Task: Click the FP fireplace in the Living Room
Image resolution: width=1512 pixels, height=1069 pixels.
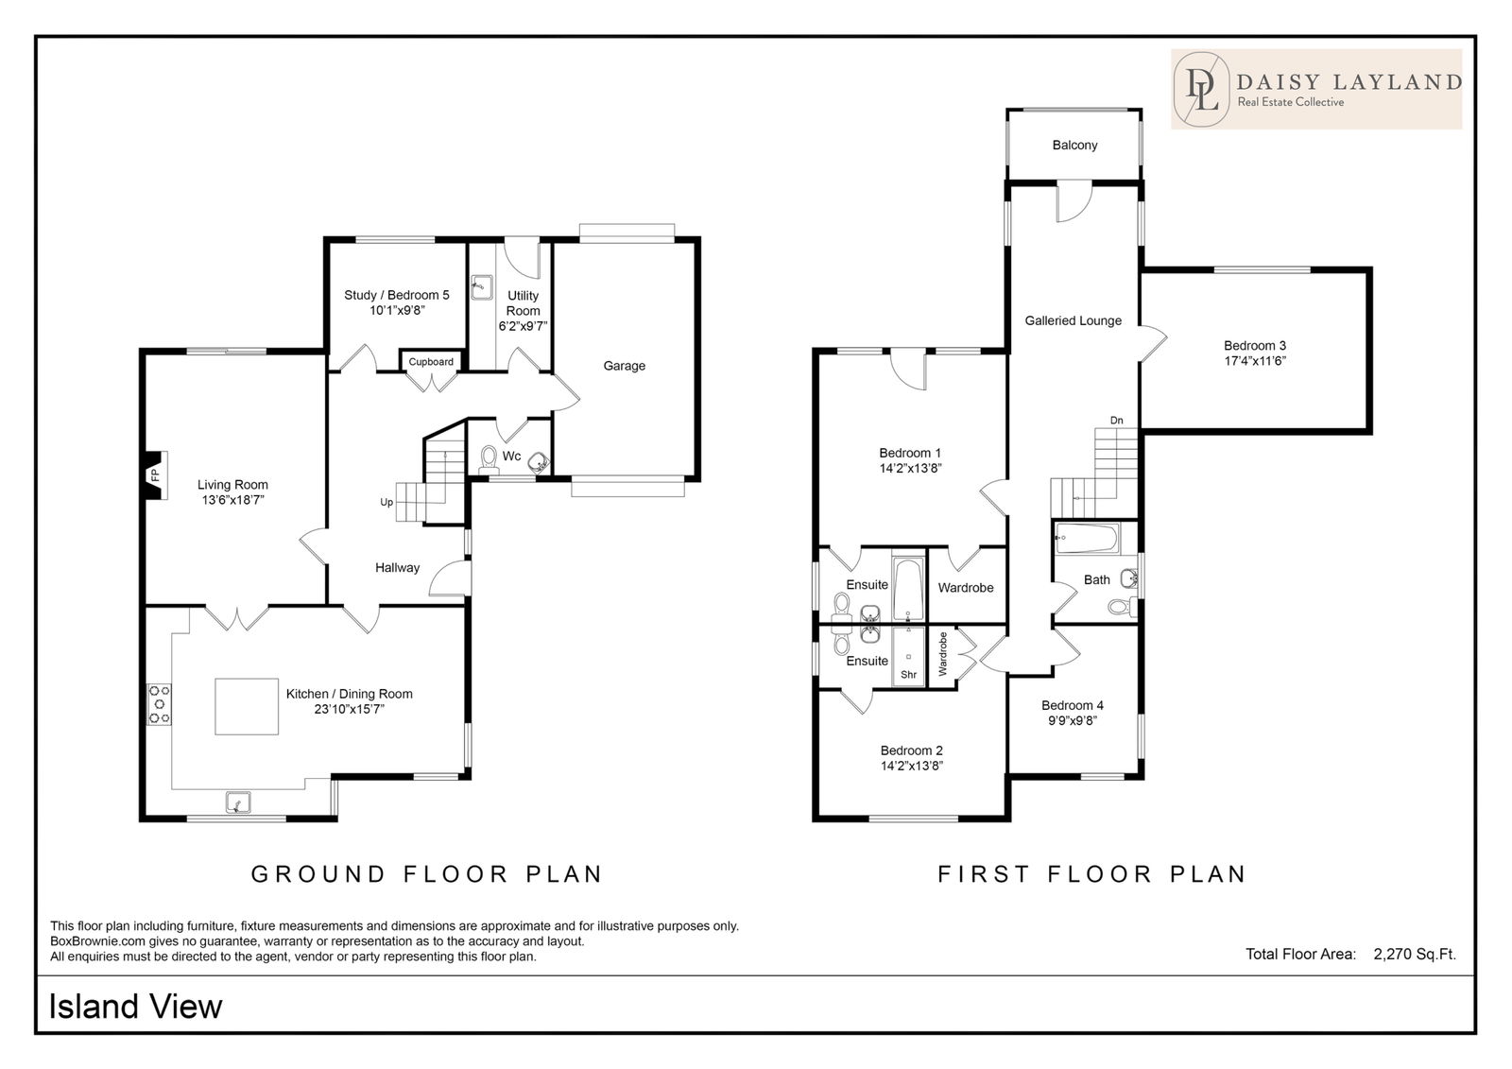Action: pyautogui.click(x=155, y=475)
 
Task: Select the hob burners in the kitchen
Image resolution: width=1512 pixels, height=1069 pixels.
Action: pyautogui.click(x=160, y=704)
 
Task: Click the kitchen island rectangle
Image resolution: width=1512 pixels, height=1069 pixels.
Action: pyautogui.click(x=247, y=706)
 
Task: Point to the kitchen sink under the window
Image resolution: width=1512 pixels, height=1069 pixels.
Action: pyautogui.click(x=237, y=802)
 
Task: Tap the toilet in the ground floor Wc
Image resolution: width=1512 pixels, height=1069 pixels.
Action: pyautogui.click(x=489, y=459)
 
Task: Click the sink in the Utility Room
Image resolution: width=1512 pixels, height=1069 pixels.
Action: pyautogui.click(x=481, y=287)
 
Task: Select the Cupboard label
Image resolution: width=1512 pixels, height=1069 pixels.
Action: pyautogui.click(x=431, y=362)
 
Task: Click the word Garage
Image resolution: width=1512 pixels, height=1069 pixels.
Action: pyautogui.click(x=625, y=366)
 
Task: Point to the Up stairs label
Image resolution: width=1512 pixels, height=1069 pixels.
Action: pyautogui.click(x=387, y=503)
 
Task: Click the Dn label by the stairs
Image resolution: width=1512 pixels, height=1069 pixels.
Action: pyautogui.click(x=1117, y=420)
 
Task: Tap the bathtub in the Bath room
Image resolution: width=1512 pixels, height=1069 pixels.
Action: pyautogui.click(x=1087, y=538)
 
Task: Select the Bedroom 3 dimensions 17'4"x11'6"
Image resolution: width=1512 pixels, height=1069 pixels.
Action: pyautogui.click(x=1256, y=361)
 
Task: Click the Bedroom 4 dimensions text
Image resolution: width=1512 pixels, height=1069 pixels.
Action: pyautogui.click(x=1073, y=720)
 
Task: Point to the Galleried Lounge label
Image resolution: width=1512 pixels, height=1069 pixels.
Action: pyautogui.click(x=1074, y=320)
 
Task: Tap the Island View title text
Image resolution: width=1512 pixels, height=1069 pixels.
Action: pyautogui.click(x=136, y=1007)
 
